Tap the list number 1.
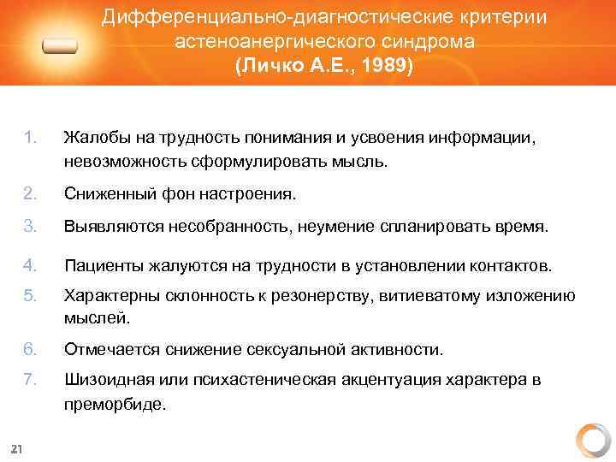click(x=31, y=138)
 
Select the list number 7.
click(x=31, y=379)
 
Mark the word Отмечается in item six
click(x=110, y=349)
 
